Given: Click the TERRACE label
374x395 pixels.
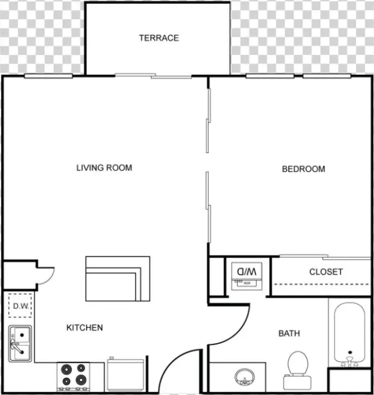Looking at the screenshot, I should coord(158,38).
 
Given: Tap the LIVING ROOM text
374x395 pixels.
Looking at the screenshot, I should coord(104,168).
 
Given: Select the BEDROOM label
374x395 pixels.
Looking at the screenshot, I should coord(304,169).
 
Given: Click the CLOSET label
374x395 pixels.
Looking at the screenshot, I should coord(326,272).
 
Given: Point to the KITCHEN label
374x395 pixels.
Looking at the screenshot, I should coord(85,328).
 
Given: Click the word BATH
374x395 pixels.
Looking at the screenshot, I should coord(289,334).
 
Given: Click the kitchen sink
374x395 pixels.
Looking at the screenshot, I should coord(20,343).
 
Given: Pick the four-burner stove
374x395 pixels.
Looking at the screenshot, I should coord(74,376).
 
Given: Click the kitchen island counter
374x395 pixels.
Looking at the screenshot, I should coord(117,278).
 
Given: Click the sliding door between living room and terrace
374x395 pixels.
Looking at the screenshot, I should coord(153,76).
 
